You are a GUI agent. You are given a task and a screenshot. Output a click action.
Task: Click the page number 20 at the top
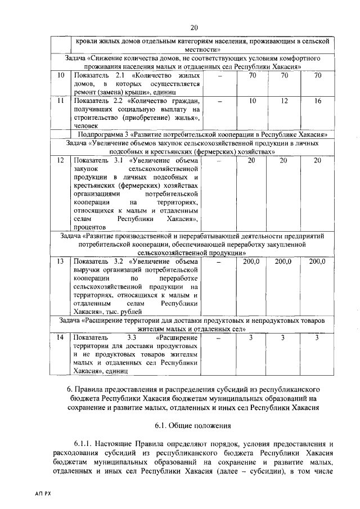point(194,28)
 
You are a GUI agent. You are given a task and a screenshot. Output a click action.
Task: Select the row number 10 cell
point(61,75)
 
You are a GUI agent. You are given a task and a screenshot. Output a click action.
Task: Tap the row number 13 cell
point(61,262)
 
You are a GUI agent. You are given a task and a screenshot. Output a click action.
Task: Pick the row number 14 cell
point(61,337)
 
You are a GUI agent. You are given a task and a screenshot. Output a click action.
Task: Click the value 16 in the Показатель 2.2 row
point(318,101)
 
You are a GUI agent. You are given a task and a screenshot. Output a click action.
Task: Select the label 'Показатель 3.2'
point(98,262)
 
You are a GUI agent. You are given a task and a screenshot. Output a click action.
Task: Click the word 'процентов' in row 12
point(91,227)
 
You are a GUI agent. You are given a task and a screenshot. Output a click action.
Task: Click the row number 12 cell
point(61,161)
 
